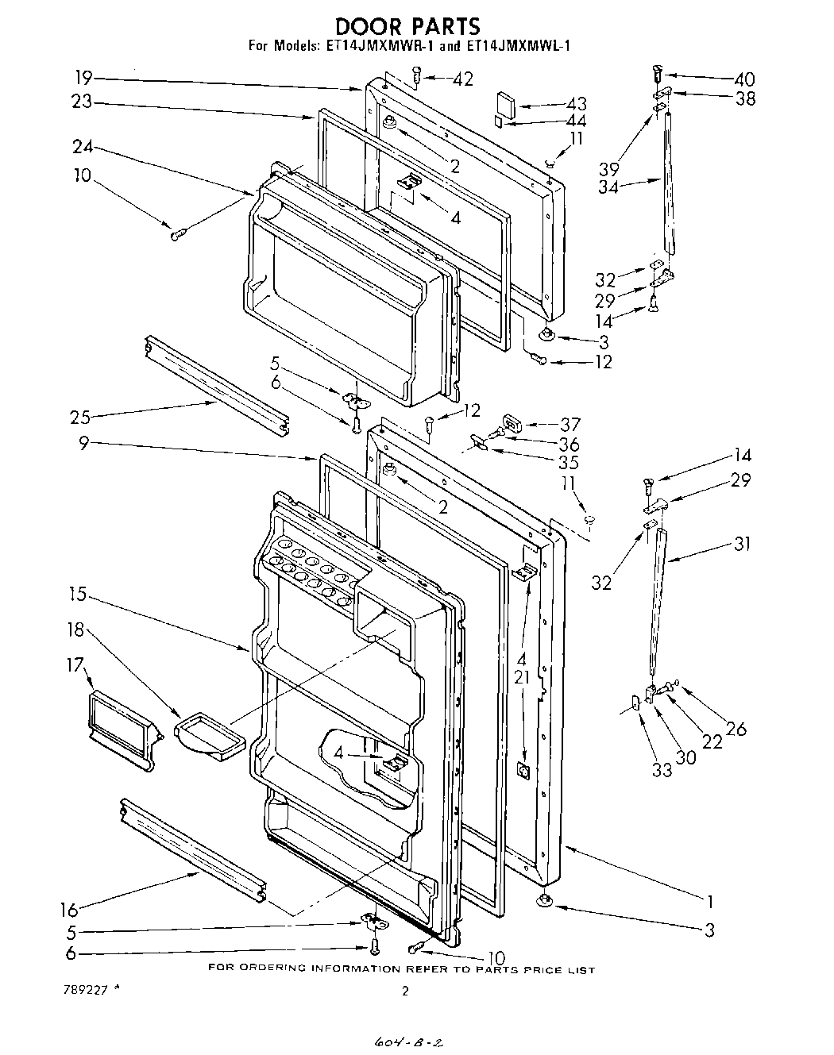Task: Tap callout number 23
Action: coord(82,102)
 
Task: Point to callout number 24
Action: coord(83,146)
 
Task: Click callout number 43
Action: coord(576,104)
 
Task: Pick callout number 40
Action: coord(743,79)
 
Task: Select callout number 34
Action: coord(608,187)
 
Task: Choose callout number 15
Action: coord(78,594)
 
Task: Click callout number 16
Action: coord(70,909)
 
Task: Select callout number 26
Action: coord(736,728)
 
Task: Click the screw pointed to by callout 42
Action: coord(416,75)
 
